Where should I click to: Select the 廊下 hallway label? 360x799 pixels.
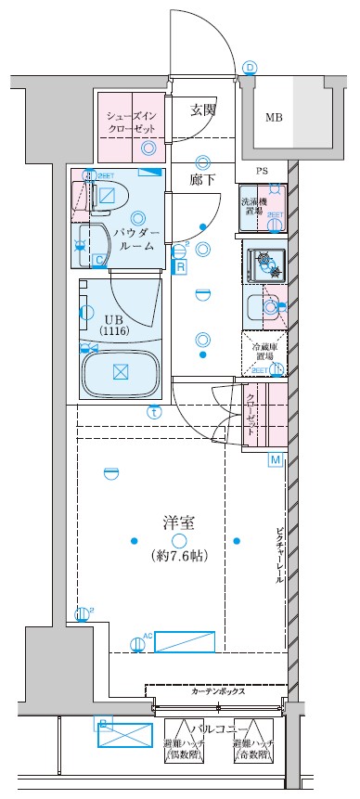point(202,180)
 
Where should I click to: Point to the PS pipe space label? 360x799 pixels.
point(264,172)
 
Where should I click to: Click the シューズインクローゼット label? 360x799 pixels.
point(133,123)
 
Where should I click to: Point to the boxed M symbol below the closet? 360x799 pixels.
point(275,459)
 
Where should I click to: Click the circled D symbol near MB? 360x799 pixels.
point(249,68)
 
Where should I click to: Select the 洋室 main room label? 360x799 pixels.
point(178,522)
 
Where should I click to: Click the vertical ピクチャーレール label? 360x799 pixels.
point(279,556)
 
